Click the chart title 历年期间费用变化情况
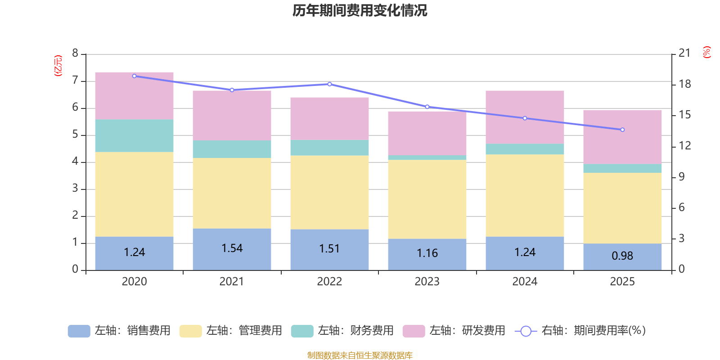click(360, 10)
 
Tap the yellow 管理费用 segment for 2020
click(134, 194)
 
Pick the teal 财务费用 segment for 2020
click(134, 135)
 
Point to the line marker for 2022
click(329, 84)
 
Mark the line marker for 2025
click(622, 130)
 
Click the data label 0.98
click(622, 256)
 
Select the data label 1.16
click(427, 253)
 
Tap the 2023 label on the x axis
click(427, 282)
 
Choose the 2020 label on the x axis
click(134, 282)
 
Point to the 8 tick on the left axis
click(75, 54)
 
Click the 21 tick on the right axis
click(684, 53)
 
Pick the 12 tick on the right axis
click(684, 146)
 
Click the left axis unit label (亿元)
click(58, 66)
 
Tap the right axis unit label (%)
click(706, 52)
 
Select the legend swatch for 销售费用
click(79, 331)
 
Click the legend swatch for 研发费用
click(414, 331)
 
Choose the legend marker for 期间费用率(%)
click(526, 331)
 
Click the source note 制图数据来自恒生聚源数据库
click(360, 355)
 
